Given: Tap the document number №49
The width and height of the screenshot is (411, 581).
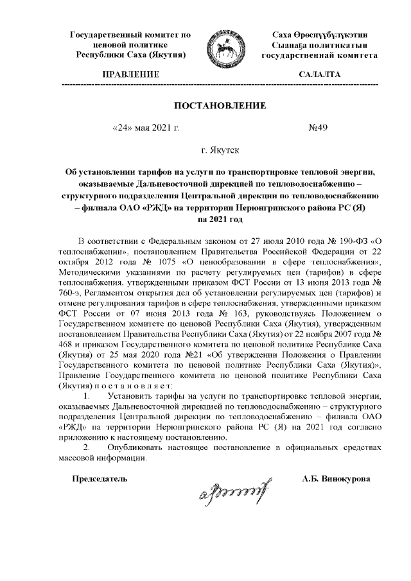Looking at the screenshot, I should pos(319,128).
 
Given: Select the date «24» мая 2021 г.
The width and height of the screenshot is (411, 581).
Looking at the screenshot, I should pos(145,128).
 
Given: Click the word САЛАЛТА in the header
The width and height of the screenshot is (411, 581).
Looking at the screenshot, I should pos(320,75).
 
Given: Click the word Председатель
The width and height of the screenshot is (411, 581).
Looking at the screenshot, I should pos(99,478).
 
